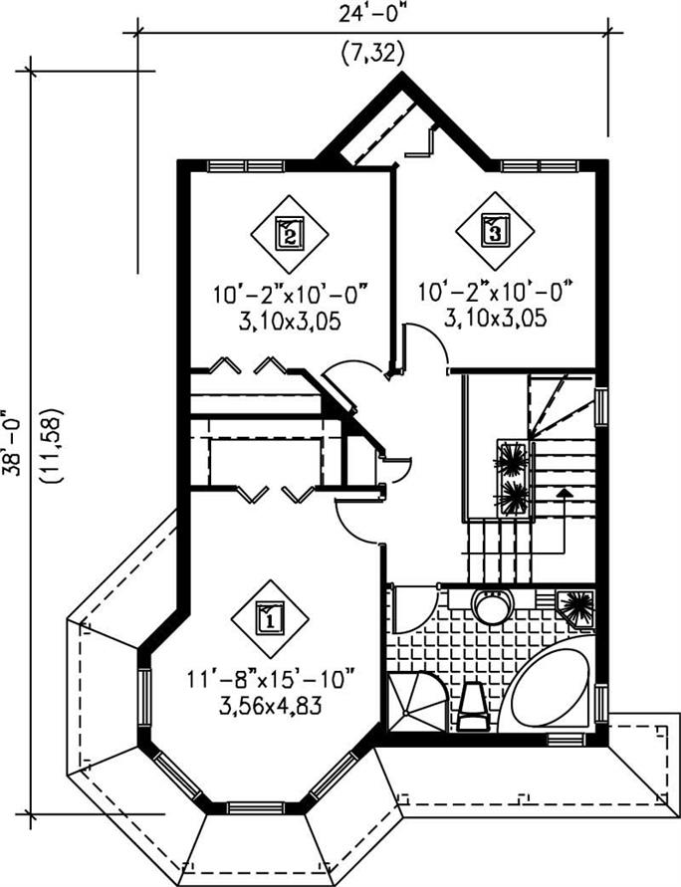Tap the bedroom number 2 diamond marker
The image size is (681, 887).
(289, 233)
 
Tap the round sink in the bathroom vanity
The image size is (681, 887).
(489, 605)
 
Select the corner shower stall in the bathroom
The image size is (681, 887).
(412, 701)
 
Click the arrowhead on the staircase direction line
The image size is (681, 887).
(565, 491)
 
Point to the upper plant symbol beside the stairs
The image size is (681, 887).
(514, 459)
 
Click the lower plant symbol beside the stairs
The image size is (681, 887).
(514, 495)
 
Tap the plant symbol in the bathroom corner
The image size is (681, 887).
(577, 604)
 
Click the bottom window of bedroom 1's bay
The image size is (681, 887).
(255, 806)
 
